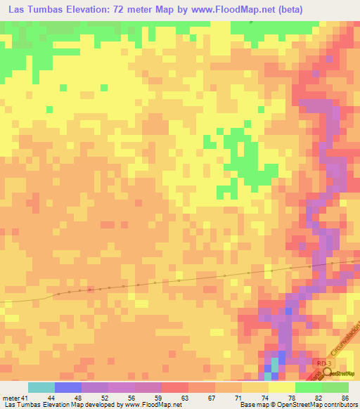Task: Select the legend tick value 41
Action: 25,397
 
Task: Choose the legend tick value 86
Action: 345,397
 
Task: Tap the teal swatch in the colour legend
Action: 41,387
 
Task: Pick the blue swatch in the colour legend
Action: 68,387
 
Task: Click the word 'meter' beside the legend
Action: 11,397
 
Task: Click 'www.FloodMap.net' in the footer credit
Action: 152,405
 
